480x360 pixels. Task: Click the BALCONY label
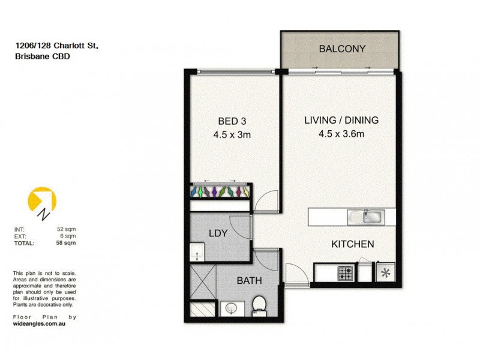[x=342, y=49]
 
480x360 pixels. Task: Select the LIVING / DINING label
[x=341, y=120]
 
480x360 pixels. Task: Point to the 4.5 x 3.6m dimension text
[x=341, y=134]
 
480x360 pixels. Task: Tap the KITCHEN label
[x=353, y=244]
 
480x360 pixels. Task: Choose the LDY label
[x=217, y=233]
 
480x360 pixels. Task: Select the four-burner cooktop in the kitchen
[x=346, y=274]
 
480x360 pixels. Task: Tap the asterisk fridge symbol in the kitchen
[x=384, y=274]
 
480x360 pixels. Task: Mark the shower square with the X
[x=202, y=281]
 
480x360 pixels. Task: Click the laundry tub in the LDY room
[x=197, y=251]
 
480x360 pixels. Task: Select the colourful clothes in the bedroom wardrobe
[x=220, y=191]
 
